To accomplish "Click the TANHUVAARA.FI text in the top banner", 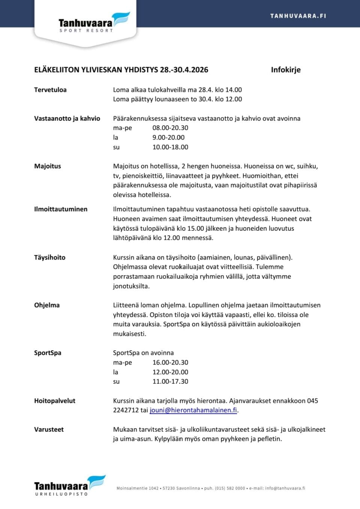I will (298, 16).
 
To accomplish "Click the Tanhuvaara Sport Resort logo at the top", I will (93, 23).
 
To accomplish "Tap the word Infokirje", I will (285, 70).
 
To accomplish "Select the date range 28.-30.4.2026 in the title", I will (184, 70).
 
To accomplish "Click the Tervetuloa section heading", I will (50, 90).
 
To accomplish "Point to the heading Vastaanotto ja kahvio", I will (67, 119).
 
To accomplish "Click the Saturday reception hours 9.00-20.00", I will (168, 138).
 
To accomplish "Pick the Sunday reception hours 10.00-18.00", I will (170, 147).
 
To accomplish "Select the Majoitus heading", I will (48, 166).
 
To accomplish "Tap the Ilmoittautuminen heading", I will (61, 209).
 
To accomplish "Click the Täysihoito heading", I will (50, 258).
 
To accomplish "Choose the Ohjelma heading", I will (47, 305).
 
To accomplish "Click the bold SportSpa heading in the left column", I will (48, 353).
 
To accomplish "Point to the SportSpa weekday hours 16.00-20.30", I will (170, 363).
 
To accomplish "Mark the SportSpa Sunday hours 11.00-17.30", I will (170, 381).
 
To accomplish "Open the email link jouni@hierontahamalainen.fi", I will (193, 410).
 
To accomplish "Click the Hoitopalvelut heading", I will (55, 401).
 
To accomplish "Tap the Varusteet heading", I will (49, 429).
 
